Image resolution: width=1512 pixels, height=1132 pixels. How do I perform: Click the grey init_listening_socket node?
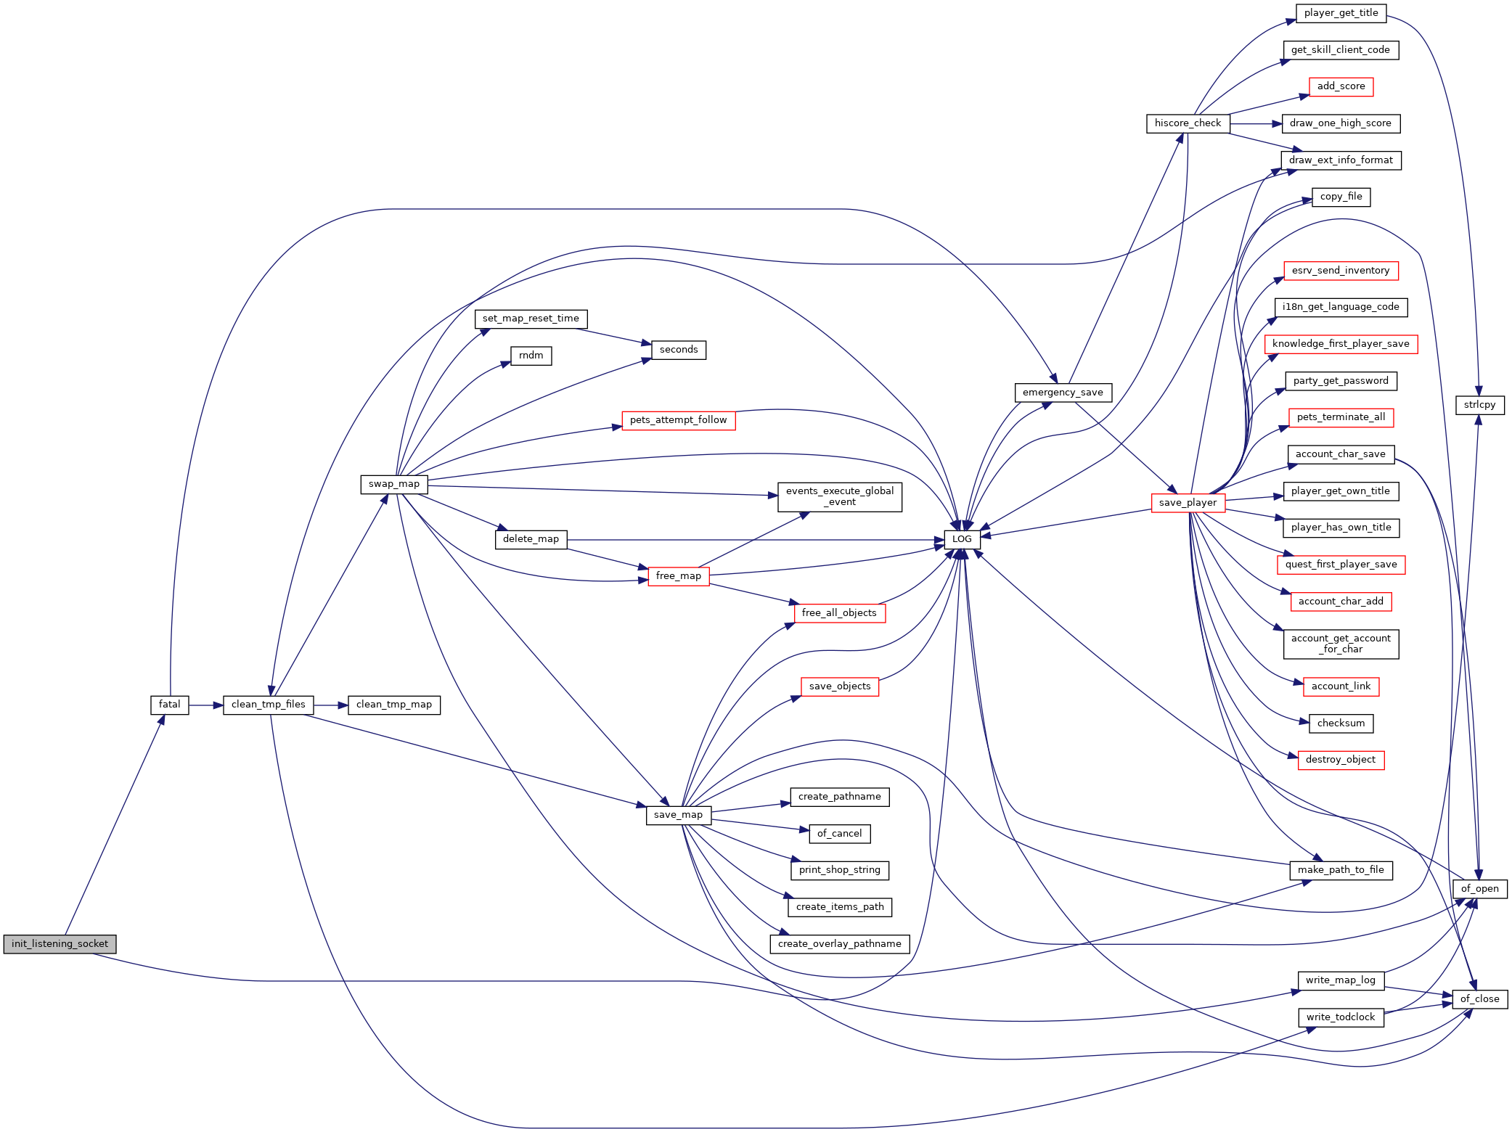pos(60,944)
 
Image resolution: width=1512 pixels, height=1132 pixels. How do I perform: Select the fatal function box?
pos(170,705)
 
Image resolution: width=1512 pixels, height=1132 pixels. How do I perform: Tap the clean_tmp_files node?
pos(269,705)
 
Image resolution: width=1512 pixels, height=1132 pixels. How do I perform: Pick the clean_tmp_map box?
pos(394,705)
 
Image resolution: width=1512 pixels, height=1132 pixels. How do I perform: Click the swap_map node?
pos(394,484)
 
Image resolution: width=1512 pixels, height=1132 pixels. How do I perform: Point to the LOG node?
pos(962,539)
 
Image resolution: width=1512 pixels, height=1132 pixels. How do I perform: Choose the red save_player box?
pos(1188,503)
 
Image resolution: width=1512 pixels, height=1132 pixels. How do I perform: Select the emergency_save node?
pos(1063,393)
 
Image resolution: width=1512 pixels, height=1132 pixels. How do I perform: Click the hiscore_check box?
pos(1188,123)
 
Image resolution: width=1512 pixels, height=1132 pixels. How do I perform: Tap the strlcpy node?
pos(1480,405)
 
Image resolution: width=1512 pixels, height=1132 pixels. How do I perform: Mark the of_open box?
pos(1480,889)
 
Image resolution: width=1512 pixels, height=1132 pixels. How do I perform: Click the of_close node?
pos(1480,999)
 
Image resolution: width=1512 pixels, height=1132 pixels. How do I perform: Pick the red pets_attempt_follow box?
pos(679,420)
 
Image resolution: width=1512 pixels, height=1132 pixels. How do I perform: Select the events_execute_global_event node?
pos(840,497)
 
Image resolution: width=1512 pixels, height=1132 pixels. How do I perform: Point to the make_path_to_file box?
pos(1341,870)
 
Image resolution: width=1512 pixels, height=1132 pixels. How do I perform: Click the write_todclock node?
pos(1341,1017)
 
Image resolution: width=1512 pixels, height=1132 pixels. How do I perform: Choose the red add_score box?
pos(1341,86)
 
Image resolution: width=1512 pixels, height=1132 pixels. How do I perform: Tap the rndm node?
pos(531,356)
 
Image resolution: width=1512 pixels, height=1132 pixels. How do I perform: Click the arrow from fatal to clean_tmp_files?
pos(206,705)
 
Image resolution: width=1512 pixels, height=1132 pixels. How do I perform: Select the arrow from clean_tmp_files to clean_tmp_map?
pos(331,705)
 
